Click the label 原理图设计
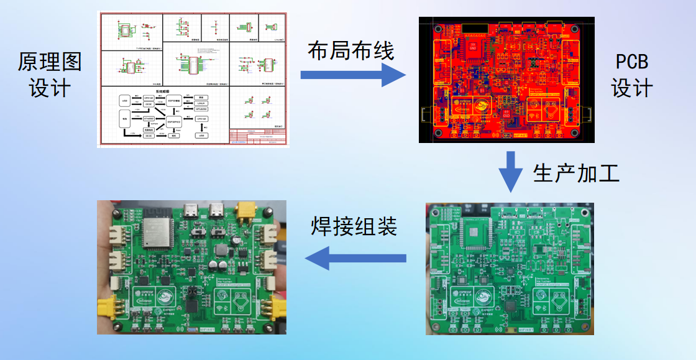[x=49, y=75]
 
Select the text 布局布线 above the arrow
[x=350, y=51]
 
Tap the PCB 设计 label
[x=631, y=75]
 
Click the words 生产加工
[x=576, y=173]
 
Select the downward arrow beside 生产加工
[x=511, y=171]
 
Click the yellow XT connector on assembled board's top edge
[x=248, y=213]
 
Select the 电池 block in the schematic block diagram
[x=124, y=116]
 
